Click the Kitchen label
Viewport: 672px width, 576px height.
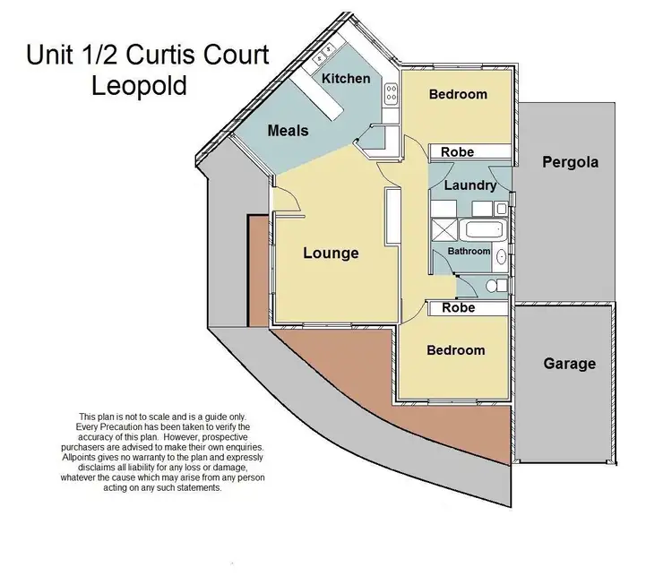[x=346, y=78]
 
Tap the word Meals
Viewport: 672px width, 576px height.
[x=288, y=131]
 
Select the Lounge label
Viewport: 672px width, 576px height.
[x=331, y=254]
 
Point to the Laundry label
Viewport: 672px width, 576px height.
[x=470, y=185]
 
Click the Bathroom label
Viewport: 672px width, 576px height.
[x=470, y=252]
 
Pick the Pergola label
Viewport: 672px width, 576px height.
[x=570, y=162]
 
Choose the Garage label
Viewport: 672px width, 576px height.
[x=569, y=364]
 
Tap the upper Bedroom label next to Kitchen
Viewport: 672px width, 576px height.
[x=457, y=94]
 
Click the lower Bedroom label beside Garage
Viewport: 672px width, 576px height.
[x=455, y=350]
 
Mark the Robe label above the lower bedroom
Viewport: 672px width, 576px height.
[x=459, y=307]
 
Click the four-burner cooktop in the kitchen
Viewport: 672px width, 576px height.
[x=391, y=93]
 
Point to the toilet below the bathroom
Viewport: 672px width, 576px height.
[x=492, y=286]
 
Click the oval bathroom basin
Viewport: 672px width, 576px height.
[x=501, y=259]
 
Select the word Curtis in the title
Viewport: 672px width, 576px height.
[x=170, y=56]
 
